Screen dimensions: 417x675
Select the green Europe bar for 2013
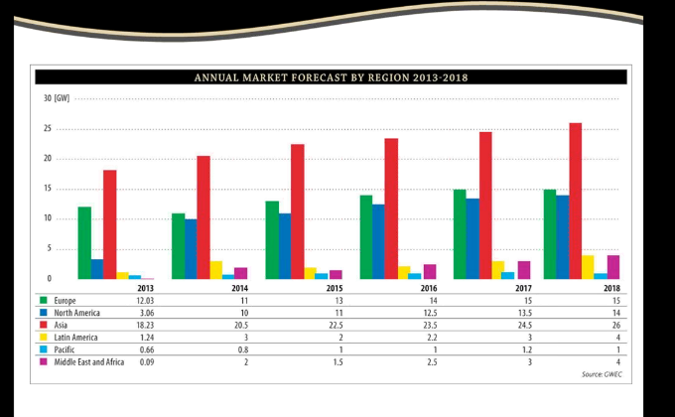click(84, 242)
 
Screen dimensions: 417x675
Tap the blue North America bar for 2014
click(191, 248)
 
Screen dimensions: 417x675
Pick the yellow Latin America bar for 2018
click(589, 267)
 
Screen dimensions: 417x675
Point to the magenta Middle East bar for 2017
click(524, 270)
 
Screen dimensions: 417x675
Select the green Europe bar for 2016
click(366, 236)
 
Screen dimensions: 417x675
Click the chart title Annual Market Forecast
click(332, 76)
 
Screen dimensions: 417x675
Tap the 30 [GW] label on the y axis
click(57, 98)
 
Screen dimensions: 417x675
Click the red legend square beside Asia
click(45, 324)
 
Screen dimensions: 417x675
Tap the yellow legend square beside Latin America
click(45, 337)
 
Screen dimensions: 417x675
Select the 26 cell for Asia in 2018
click(614, 324)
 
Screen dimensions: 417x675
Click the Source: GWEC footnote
click(601, 374)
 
